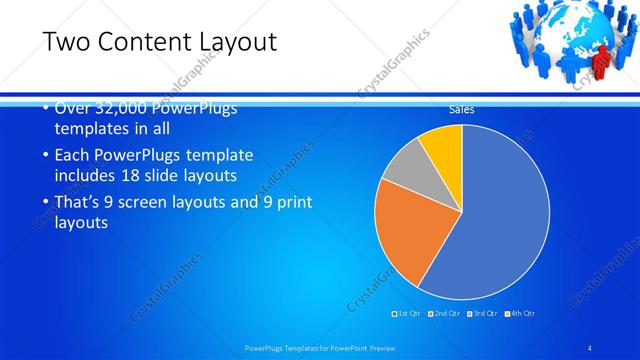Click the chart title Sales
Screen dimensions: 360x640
[461, 110]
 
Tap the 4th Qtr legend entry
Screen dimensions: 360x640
[521, 314]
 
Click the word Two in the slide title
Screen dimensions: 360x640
[66, 41]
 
